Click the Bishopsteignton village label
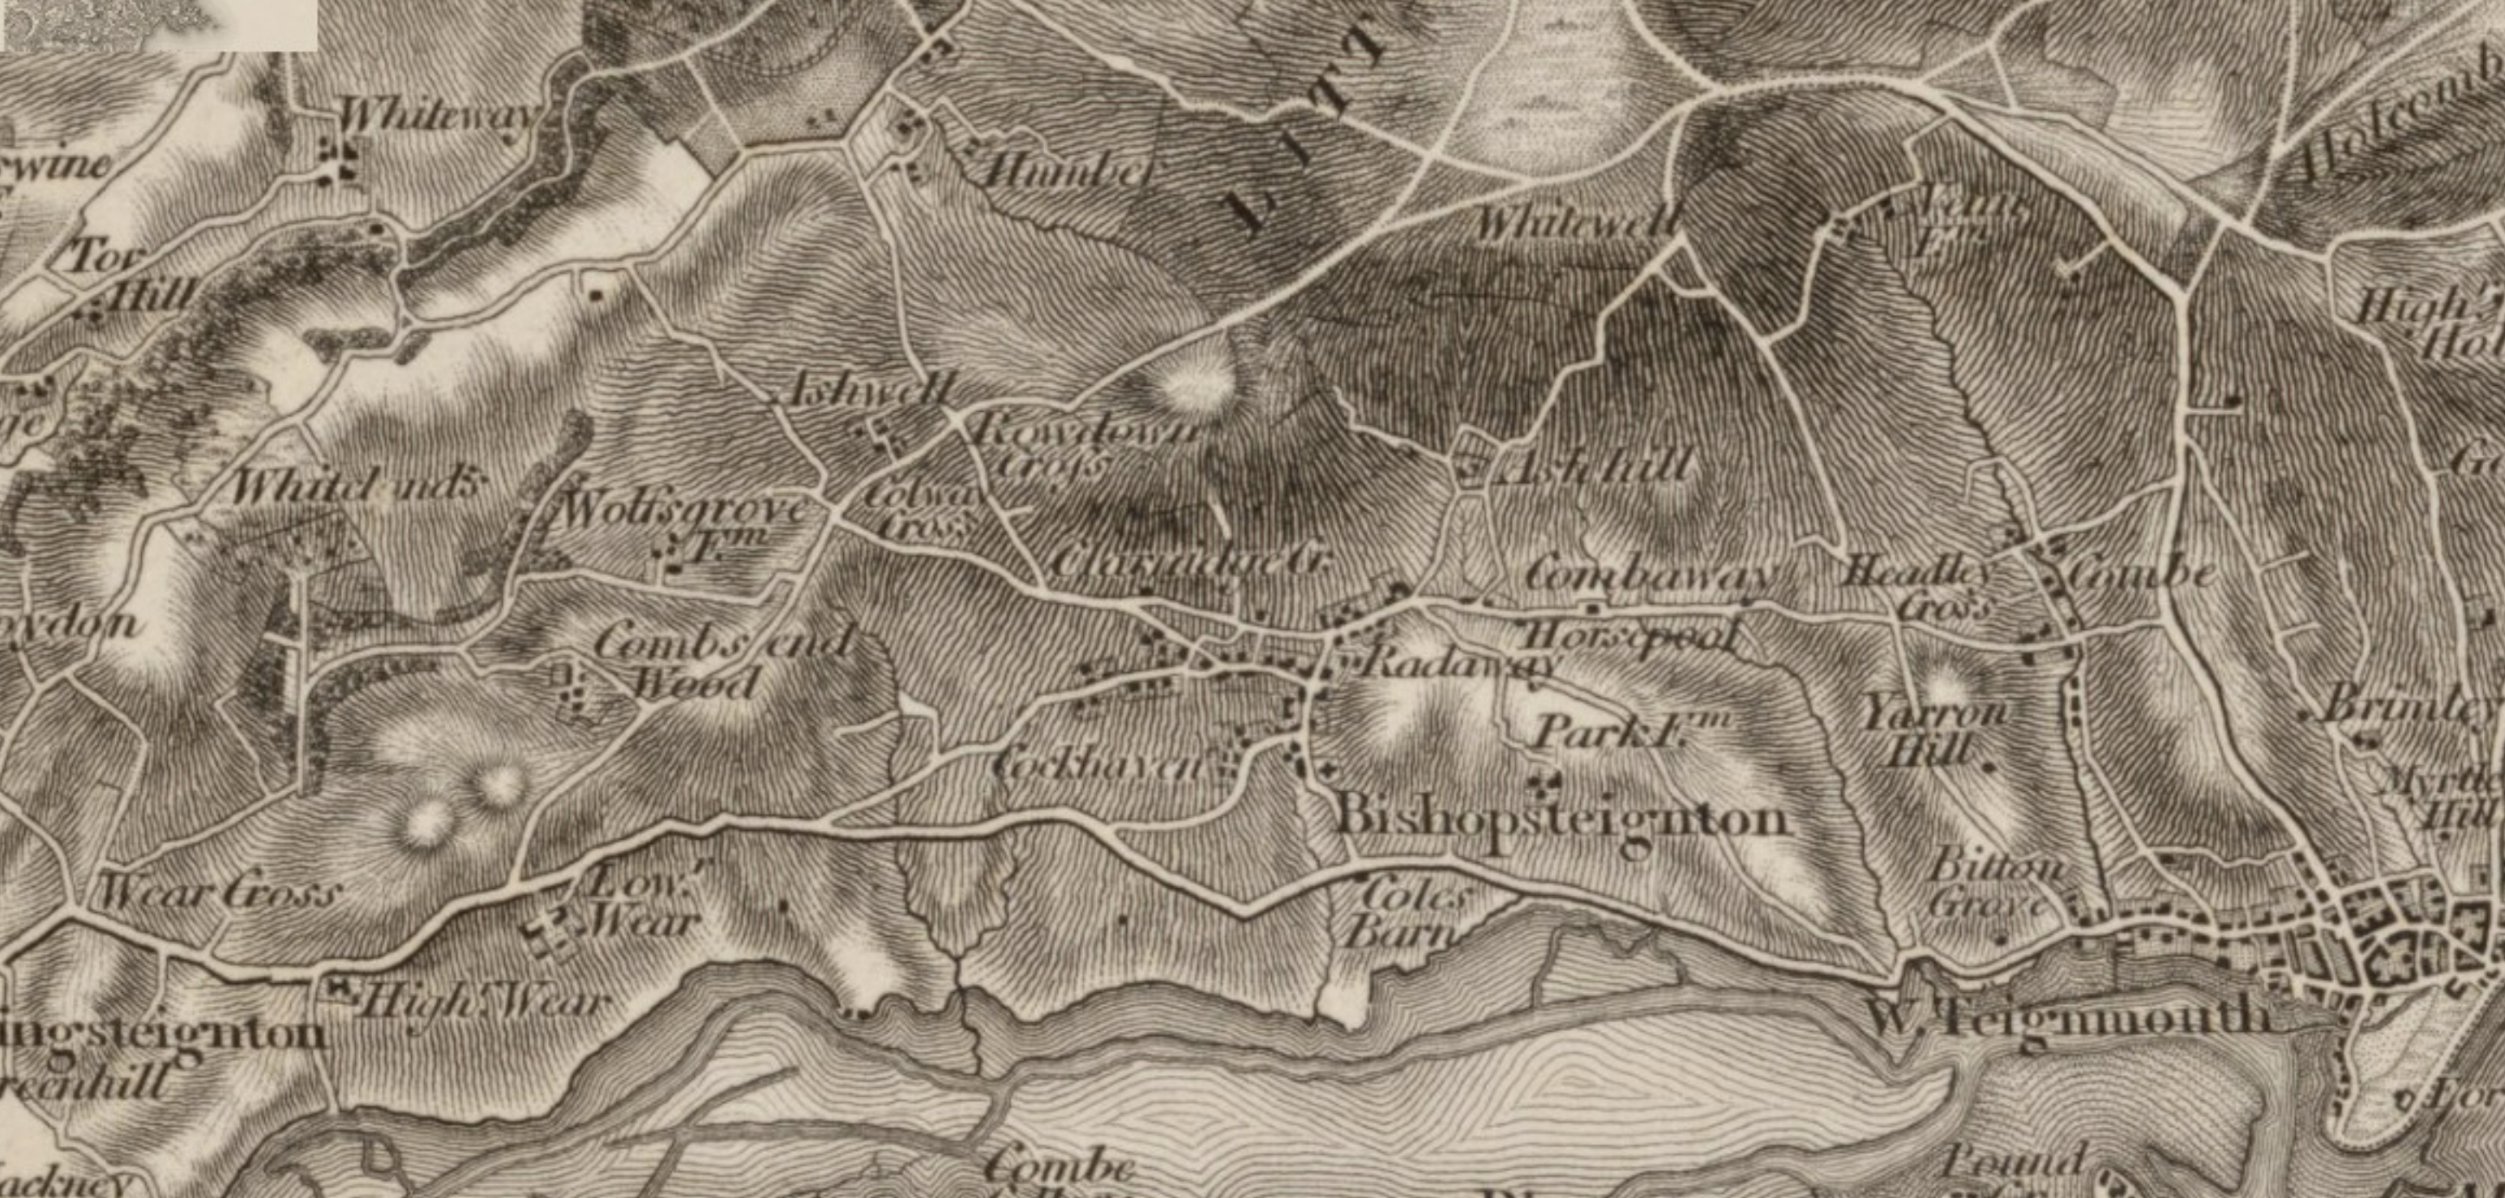[x=1561, y=819]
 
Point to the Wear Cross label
[x=220, y=892]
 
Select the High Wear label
[x=482, y=1002]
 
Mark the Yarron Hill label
[x=1933, y=731]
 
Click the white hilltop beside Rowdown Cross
[x=1196, y=385]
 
